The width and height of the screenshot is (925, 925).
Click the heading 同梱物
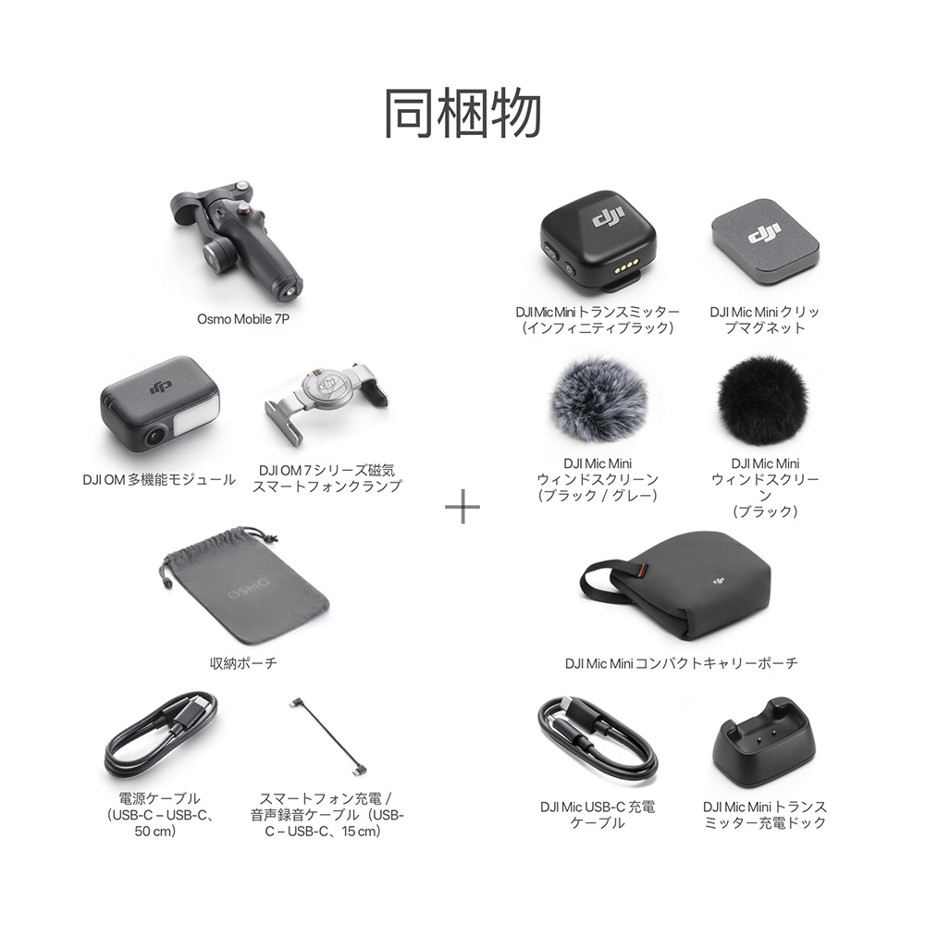click(462, 114)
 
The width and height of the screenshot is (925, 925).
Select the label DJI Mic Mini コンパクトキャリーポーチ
click(682, 663)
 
